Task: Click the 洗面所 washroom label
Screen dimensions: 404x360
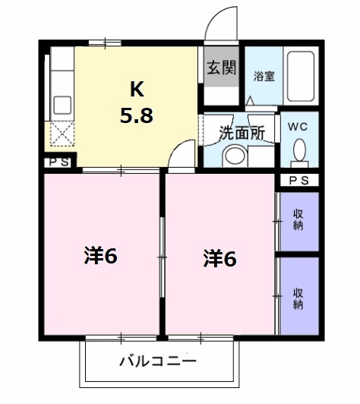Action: coord(241,132)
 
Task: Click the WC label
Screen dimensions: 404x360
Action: coord(298,127)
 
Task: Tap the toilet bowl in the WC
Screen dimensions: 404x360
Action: coord(299,150)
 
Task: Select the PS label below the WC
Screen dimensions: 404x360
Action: coord(299,180)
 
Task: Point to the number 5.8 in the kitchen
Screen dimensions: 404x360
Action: coord(137,116)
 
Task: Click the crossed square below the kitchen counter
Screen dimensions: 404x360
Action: coord(61,134)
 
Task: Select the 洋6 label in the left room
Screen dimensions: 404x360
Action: coord(100,256)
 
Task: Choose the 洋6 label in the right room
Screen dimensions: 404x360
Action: coord(219,258)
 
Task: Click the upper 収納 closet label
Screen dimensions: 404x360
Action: coord(298,221)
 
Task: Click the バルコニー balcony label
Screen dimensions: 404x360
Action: coord(157,361)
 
